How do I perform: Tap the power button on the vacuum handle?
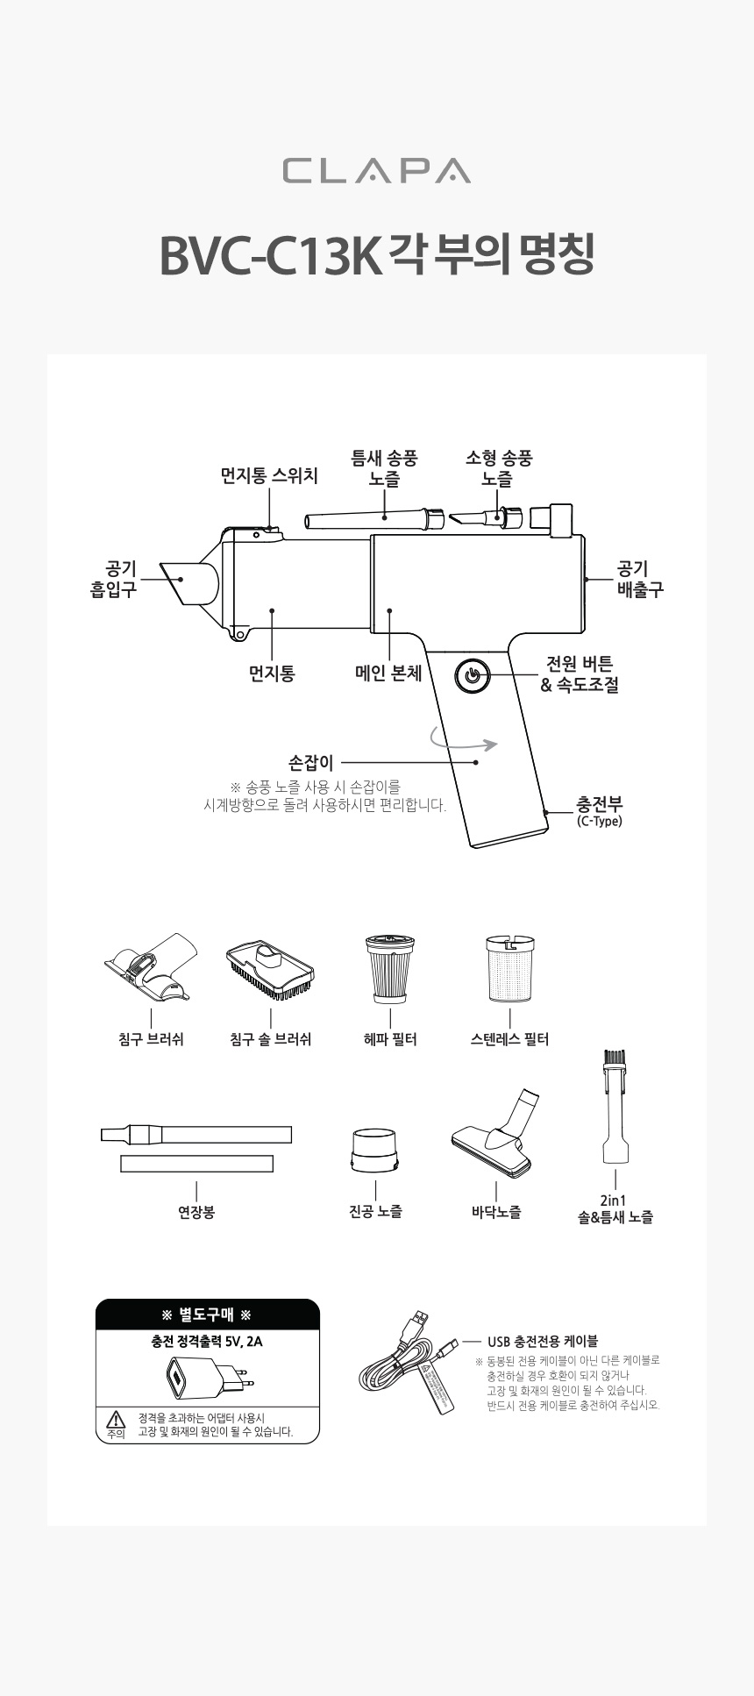point(472,676)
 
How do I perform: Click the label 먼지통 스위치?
point(268,476)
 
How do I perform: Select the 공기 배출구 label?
point(640,580)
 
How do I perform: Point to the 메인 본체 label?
point(388,673)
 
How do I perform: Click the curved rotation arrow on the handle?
point(464,743)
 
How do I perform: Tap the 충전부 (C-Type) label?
point(600,810)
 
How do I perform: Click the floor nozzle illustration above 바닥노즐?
point(495,1136)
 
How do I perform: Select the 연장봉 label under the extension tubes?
point(196,1212)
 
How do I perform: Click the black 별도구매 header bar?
point(207,1315)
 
